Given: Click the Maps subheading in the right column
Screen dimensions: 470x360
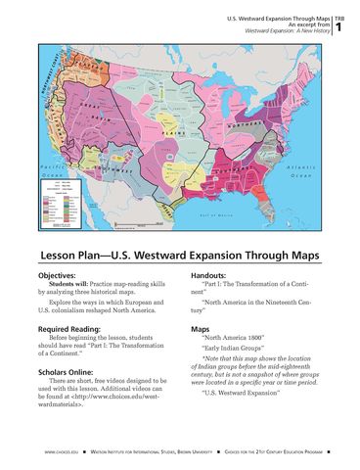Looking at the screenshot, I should pos(202,330).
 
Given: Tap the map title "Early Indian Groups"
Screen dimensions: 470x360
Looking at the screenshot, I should pos(234,359).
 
